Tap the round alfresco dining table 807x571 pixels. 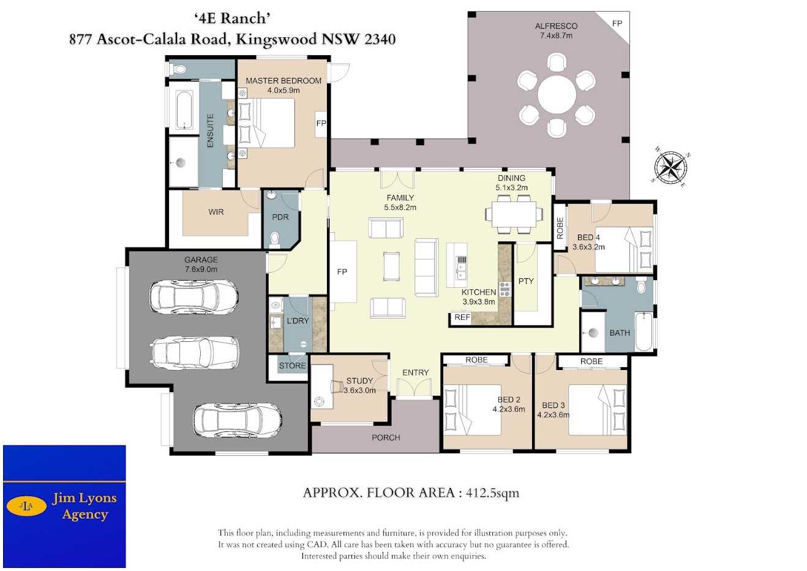(557, 95)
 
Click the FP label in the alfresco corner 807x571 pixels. (617, 23)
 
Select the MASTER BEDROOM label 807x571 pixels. (283, 81)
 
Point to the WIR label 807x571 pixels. (216, 212)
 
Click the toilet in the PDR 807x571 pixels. (275, 238)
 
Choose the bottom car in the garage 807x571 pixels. (238, 419)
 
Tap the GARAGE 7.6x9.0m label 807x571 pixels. (201, 264)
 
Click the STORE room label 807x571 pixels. (292, 366)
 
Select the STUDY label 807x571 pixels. (359, 380)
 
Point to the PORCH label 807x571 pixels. (386, 437)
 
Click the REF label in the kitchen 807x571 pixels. (462, 317)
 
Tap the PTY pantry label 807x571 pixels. (526, 281)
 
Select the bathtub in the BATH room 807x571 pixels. (644, 331)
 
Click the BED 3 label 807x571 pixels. (554, 405)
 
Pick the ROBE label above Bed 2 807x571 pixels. (476, 360)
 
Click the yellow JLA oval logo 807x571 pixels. (26, 506)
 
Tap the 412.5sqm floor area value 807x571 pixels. (493, 493)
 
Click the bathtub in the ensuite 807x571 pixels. (183, 110)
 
